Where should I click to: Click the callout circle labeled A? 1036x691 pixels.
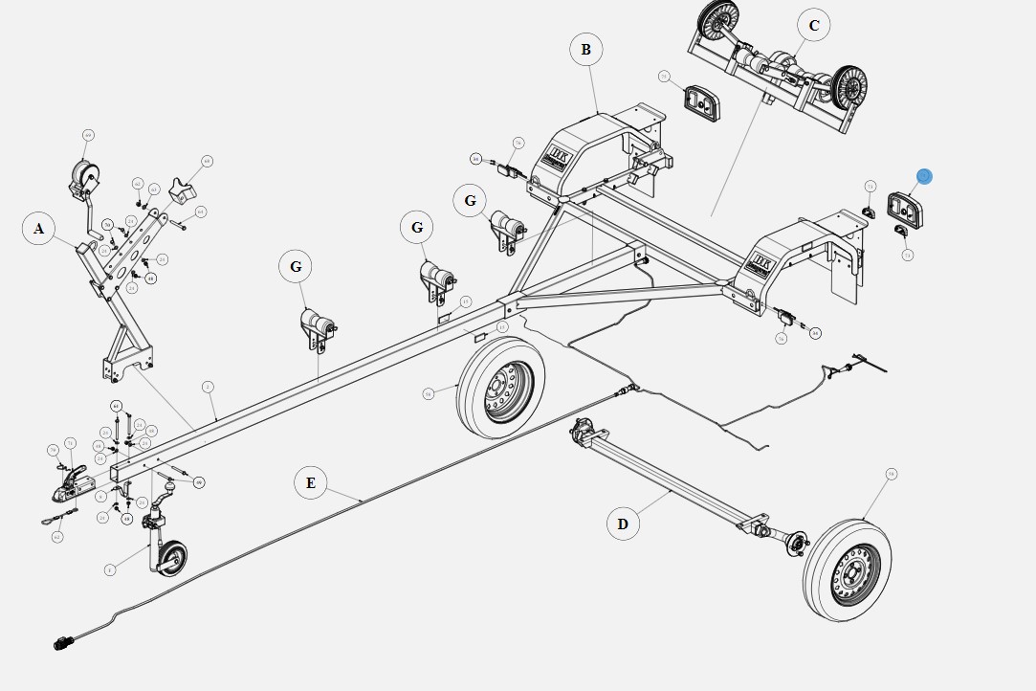coord(38,229)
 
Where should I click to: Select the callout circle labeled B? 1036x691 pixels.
coord(585,50)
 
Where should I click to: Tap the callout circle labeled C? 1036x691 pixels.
coord(813,26)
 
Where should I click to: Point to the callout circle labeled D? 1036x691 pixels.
coord(623,524)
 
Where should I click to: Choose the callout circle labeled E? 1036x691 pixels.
coord(310,482)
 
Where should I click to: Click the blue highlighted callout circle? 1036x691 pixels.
coord(923,176)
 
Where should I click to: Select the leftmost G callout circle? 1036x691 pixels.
coord(296,266)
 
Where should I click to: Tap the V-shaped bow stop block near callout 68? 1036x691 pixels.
coord(184,190)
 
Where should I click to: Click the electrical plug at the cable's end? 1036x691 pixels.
coord(64,644)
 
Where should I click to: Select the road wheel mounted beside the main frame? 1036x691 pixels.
coord(501,387)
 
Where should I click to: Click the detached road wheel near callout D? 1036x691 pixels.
coord(848,570)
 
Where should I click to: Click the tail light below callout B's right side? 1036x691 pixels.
coord(701,102)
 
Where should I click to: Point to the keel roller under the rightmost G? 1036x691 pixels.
coord(506,231)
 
